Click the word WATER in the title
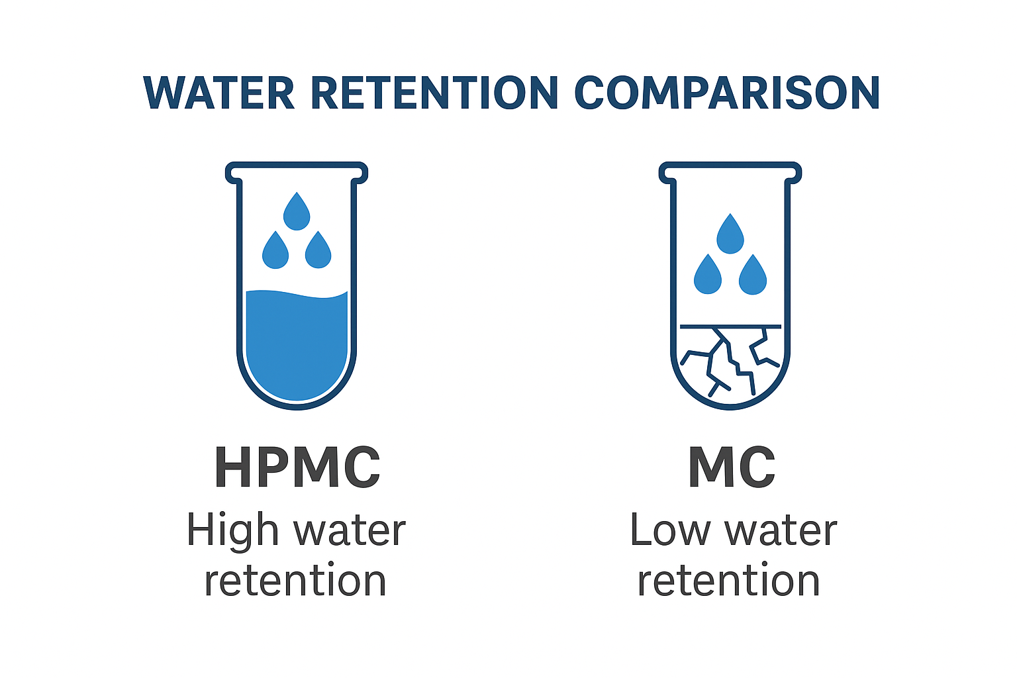point(219,93)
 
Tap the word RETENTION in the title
point(434,93)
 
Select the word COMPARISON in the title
point(726,93)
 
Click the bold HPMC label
point(297,467)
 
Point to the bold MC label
point(731,467)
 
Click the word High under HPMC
point(232,531)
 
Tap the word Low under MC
point(669,531)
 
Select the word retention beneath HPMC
point(295,581)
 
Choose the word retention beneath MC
point(729,581)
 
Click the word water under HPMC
point(349,531)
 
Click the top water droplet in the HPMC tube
point(297,213)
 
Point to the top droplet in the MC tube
point(730,235)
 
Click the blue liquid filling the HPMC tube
point(297,344)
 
